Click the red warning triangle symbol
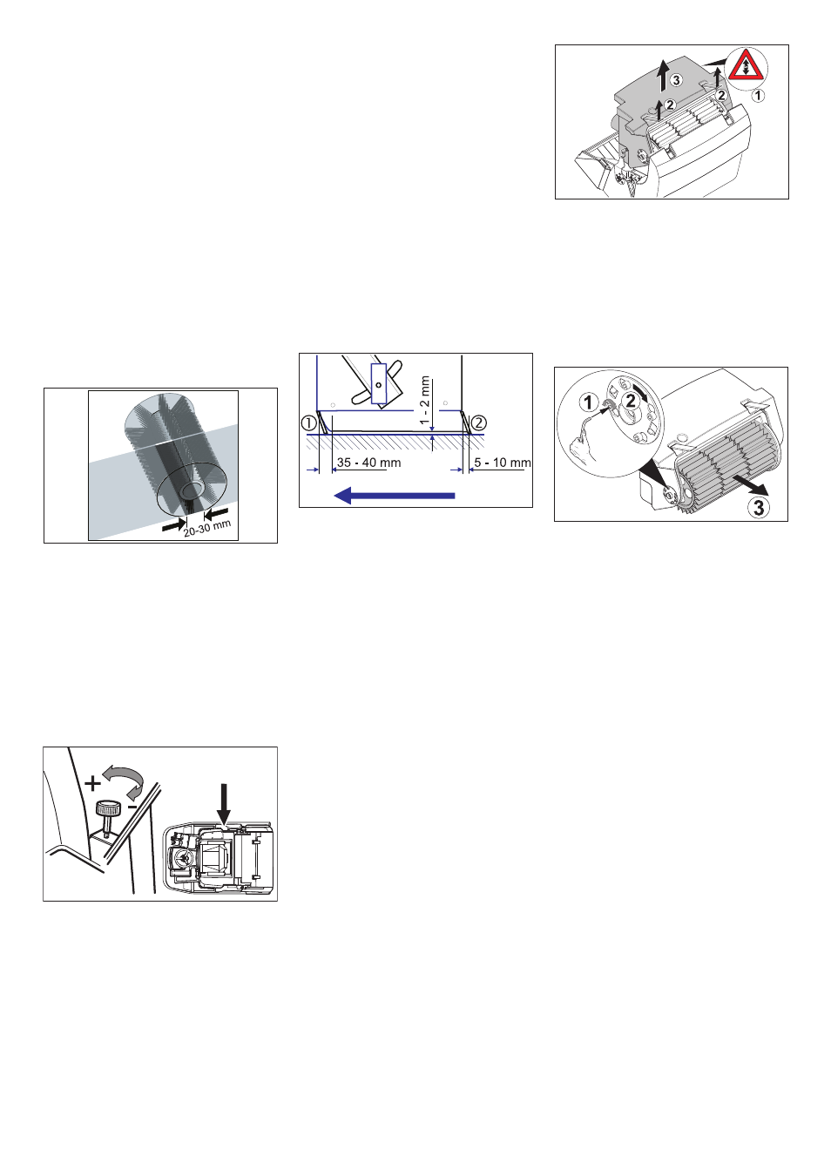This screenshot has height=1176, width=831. coord(745,66)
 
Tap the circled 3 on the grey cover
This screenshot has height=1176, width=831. coord(676,80)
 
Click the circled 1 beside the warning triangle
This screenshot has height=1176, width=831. coord(759,95)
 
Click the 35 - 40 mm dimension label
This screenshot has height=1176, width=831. coord(368,463)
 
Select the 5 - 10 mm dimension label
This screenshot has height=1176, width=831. coord(502,463)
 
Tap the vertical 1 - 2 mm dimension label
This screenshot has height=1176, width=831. coord(425,400)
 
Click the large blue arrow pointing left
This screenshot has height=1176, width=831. coord(395,496)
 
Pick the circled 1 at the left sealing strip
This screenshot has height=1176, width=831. coord(308,423)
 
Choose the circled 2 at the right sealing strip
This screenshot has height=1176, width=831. coord(478,423)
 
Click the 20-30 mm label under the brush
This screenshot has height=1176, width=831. coord(207,528)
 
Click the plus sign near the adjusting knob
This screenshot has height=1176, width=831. coord(92,783)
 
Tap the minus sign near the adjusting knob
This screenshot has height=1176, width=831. coord(132,808)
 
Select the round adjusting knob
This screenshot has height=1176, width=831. coord(108,808)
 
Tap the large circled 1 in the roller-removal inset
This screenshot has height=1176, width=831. coord(589,402)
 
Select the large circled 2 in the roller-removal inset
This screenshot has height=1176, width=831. coord(631,401)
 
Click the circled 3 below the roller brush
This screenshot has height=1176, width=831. coord(759,507)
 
